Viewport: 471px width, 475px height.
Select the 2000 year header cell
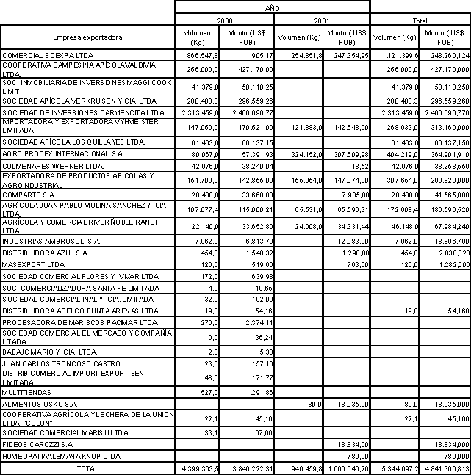223,21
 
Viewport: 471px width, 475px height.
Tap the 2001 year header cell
321,21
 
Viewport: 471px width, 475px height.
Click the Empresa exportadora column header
88,37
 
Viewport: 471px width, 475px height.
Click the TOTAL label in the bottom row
88,468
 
